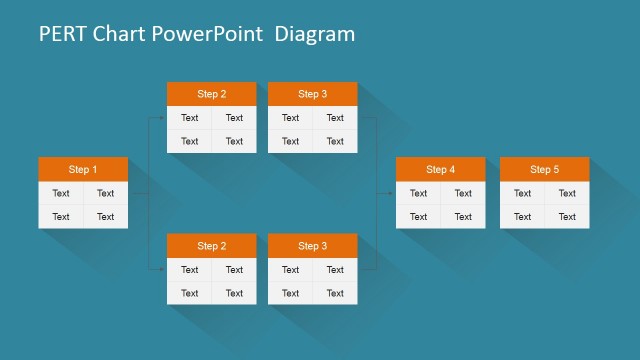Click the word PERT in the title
pyautogui.click(x=61, y=34)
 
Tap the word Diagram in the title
pyautogui.click(x=315, y=34)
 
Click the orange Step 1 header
pyautogui.click(x=83, y=169)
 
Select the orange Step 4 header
pyautogui.click(x=440, y=169)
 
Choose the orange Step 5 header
pyautogui.click(x=544, y=169)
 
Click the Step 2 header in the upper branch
pyautogui.click(x=211, y=94)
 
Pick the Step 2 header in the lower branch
pyautogui.click(x=211, y=245)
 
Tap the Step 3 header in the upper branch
pyautogui.click(x=312, y=94)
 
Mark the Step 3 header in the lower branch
pyautogui.click(x=312, y=245)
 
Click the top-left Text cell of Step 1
pyautogui.click(x=61, y=193)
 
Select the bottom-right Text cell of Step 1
pyautogui.click(x=105, y=216)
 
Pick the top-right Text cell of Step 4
pyautogui.click(x=463, y=193)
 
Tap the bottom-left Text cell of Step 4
pyautogui.click(x=418, y=216)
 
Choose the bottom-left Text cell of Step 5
pyautogui.click(x=522, y=216)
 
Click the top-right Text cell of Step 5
pyautogui.click(x=567, y=193)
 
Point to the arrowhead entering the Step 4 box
pyautogui.click(x=392, y=193)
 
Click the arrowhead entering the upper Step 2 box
pyautogui.click(x=163, y=118)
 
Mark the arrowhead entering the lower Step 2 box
pyautogui.click(x=163, y=269)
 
